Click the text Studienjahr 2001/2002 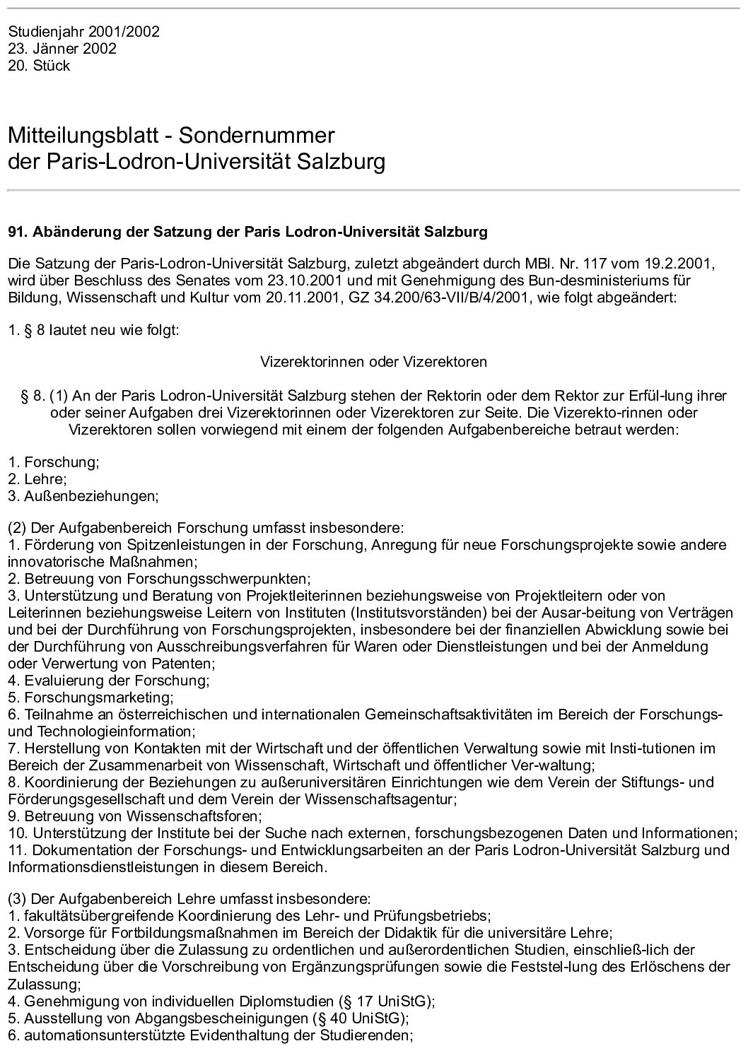83,32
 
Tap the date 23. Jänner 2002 62,49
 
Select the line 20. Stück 39,66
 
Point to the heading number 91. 18,232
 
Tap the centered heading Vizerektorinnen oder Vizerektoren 373,362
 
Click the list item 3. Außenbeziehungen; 83,496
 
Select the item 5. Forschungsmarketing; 90,698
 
